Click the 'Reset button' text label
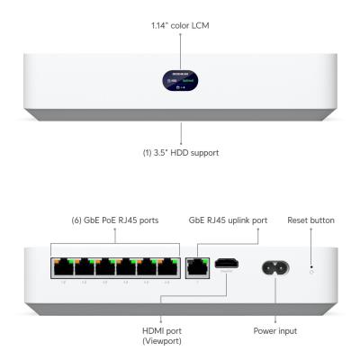pyautogui.click(x=311, y=220)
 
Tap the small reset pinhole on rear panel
pyautogui.click(x=311, y=267)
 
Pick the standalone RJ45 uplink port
pyautogui.click(x=195, y=266)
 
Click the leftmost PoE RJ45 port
pyautogui.click(x=62, y=267)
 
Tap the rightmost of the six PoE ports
pyautogui.click(x=167, y=267)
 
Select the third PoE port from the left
pyautogui.click(x=104, y=267)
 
